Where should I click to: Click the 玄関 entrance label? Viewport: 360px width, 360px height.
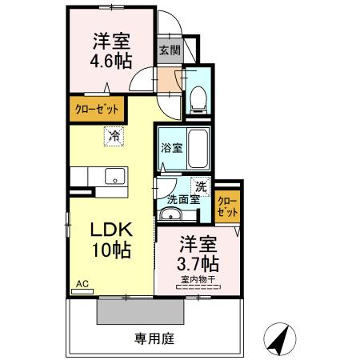coord(169,50)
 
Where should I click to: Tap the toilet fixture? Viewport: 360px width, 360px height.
coord(198,97)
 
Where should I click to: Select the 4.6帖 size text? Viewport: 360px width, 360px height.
coord(110,62)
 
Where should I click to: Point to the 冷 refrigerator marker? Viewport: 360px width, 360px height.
coord(114,137)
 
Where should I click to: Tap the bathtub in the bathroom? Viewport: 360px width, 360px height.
coord(197,149)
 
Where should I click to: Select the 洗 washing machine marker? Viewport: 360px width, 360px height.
coord(201,186)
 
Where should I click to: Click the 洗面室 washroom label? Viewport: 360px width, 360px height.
coord(183,199)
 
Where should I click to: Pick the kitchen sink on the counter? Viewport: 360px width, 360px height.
coord(113,176)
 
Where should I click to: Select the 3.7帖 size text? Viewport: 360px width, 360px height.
coord(197,262)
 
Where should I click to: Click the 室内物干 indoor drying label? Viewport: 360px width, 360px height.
coord(196,279)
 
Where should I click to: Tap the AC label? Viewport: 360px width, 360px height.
coord(82,283)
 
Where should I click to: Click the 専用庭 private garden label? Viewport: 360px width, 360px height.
coord(150,338)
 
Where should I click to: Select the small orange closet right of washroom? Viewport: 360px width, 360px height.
coord(227,206)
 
